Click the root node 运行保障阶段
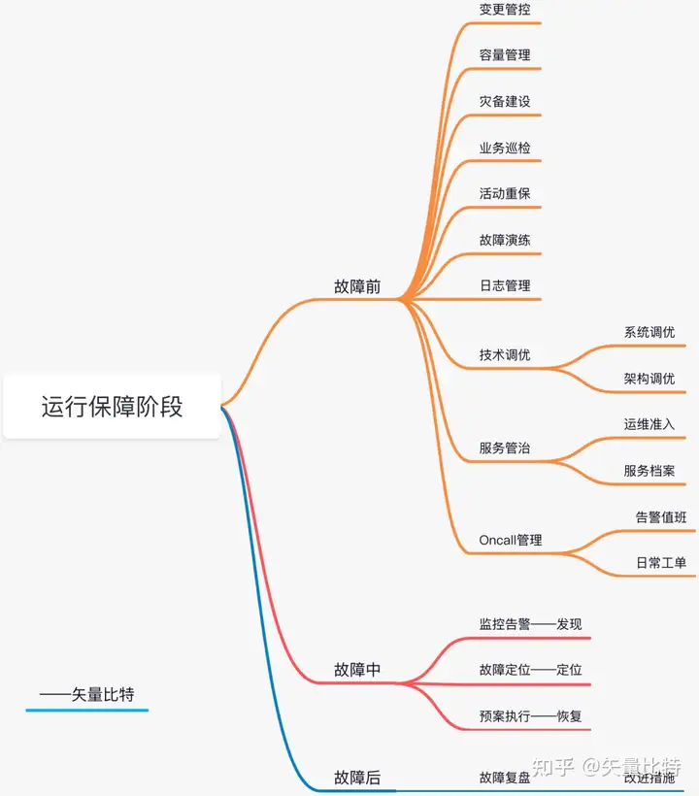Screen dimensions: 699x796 pyautogui.click(x=112, y=406)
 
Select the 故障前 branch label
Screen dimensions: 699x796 pyautogui.click(x=357, y=286)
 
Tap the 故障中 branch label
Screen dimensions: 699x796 pyautogui.click(x=357, y=670)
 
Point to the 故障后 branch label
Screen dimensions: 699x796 pyautogui.click(x=357, y=778)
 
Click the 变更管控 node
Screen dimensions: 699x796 pyautogui.click(x=505, y=9)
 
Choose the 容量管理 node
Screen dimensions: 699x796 pyautogui.click(x=505, y=55)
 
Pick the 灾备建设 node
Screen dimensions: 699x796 pyautogui.click(x=505, y=102)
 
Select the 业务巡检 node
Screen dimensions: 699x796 pyautogui.click(x=505, y=149)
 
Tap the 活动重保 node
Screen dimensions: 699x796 pyautogui.click(x=505, y=193)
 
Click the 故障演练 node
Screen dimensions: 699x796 pyautogui.click(x=505, y=240)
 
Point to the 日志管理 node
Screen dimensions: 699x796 pyautogui.click(x=505, y=286)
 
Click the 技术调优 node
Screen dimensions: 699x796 pyautogui.click(x=505, y=355)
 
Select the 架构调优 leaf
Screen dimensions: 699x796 pyautogui.click(x=649, y=379)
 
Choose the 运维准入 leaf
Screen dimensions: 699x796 pyautogui.click(x=649, y=424)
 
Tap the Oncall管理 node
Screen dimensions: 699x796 pyautogui.click(x=511, y=541)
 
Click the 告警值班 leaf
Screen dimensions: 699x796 pyautogui.click(x=661, y=517)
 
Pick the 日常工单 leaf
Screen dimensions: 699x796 pyautogui.click(x=661, y=563)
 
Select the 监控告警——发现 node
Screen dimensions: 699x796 pyautogui.click(x=530, y=624)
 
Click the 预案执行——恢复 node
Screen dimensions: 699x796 pyautogui.click(x=530, y=716)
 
